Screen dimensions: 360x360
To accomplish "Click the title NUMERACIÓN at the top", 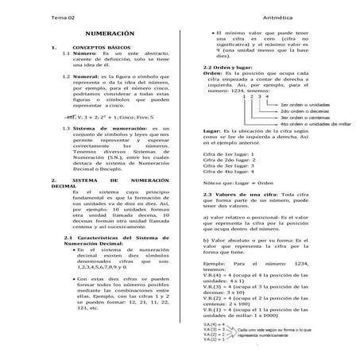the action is pos(109,37).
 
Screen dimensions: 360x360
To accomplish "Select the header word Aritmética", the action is pos(291,17).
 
